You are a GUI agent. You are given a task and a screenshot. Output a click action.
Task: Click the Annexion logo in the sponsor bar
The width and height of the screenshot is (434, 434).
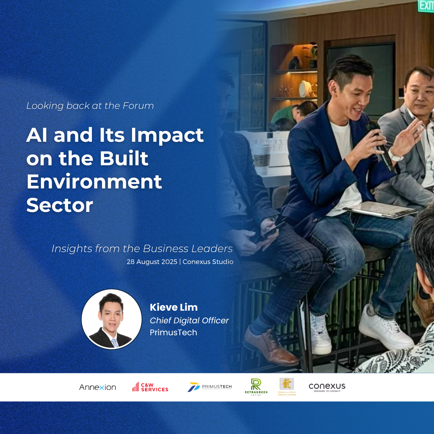pyautogui.click(x=98, y=387)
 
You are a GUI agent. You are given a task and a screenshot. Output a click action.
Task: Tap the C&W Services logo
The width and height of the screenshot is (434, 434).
pyautogui.click(x=150, y=387)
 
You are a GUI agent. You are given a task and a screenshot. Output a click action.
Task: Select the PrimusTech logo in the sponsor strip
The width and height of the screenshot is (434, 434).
pyautogui.click(x=209, y=387)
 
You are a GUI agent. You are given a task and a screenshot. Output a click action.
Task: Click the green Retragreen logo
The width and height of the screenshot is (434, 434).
pyautogui.click(x=256, y=387)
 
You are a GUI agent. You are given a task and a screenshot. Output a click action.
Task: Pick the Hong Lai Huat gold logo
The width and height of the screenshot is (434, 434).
pyautogui.click(x=287, y=386)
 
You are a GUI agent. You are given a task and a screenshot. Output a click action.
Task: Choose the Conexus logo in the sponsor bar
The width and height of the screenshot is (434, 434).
pyautogui.click(x=327, y=387)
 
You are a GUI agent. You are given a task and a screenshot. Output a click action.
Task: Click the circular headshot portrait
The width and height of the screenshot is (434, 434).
pyautogui.click(x=111, y=319)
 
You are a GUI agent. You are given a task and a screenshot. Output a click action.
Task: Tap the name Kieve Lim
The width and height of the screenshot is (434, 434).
pyautogui.click(x=174, y=307)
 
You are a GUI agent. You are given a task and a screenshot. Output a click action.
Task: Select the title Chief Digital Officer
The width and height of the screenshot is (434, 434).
pyautogui.click(x=189, y=320)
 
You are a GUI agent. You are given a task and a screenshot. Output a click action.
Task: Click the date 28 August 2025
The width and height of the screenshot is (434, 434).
pyautogui.click(x=152, y=262)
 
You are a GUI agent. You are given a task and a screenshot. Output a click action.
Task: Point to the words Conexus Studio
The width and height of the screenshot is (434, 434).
pyautogui.click(x=208, y=262)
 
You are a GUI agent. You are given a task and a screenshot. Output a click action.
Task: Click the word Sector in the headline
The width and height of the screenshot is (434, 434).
pyautogui.click(x=60, y=205)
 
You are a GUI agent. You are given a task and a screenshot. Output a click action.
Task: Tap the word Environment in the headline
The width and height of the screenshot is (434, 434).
pyautogui.click(x=94, y=182)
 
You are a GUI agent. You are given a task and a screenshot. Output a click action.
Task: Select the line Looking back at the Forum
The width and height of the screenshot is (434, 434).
pyautogui.click(x=90, y=106)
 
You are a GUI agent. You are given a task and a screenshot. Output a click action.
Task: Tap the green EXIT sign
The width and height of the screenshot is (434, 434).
pyautogui.click(x=426, y=5)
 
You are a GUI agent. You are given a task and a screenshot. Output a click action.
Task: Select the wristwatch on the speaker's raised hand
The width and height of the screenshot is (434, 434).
pyautogui.click(x=395, y=155)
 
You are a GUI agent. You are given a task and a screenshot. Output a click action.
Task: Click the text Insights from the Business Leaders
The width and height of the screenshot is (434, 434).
pyautogui.click(x=142, y=249)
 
